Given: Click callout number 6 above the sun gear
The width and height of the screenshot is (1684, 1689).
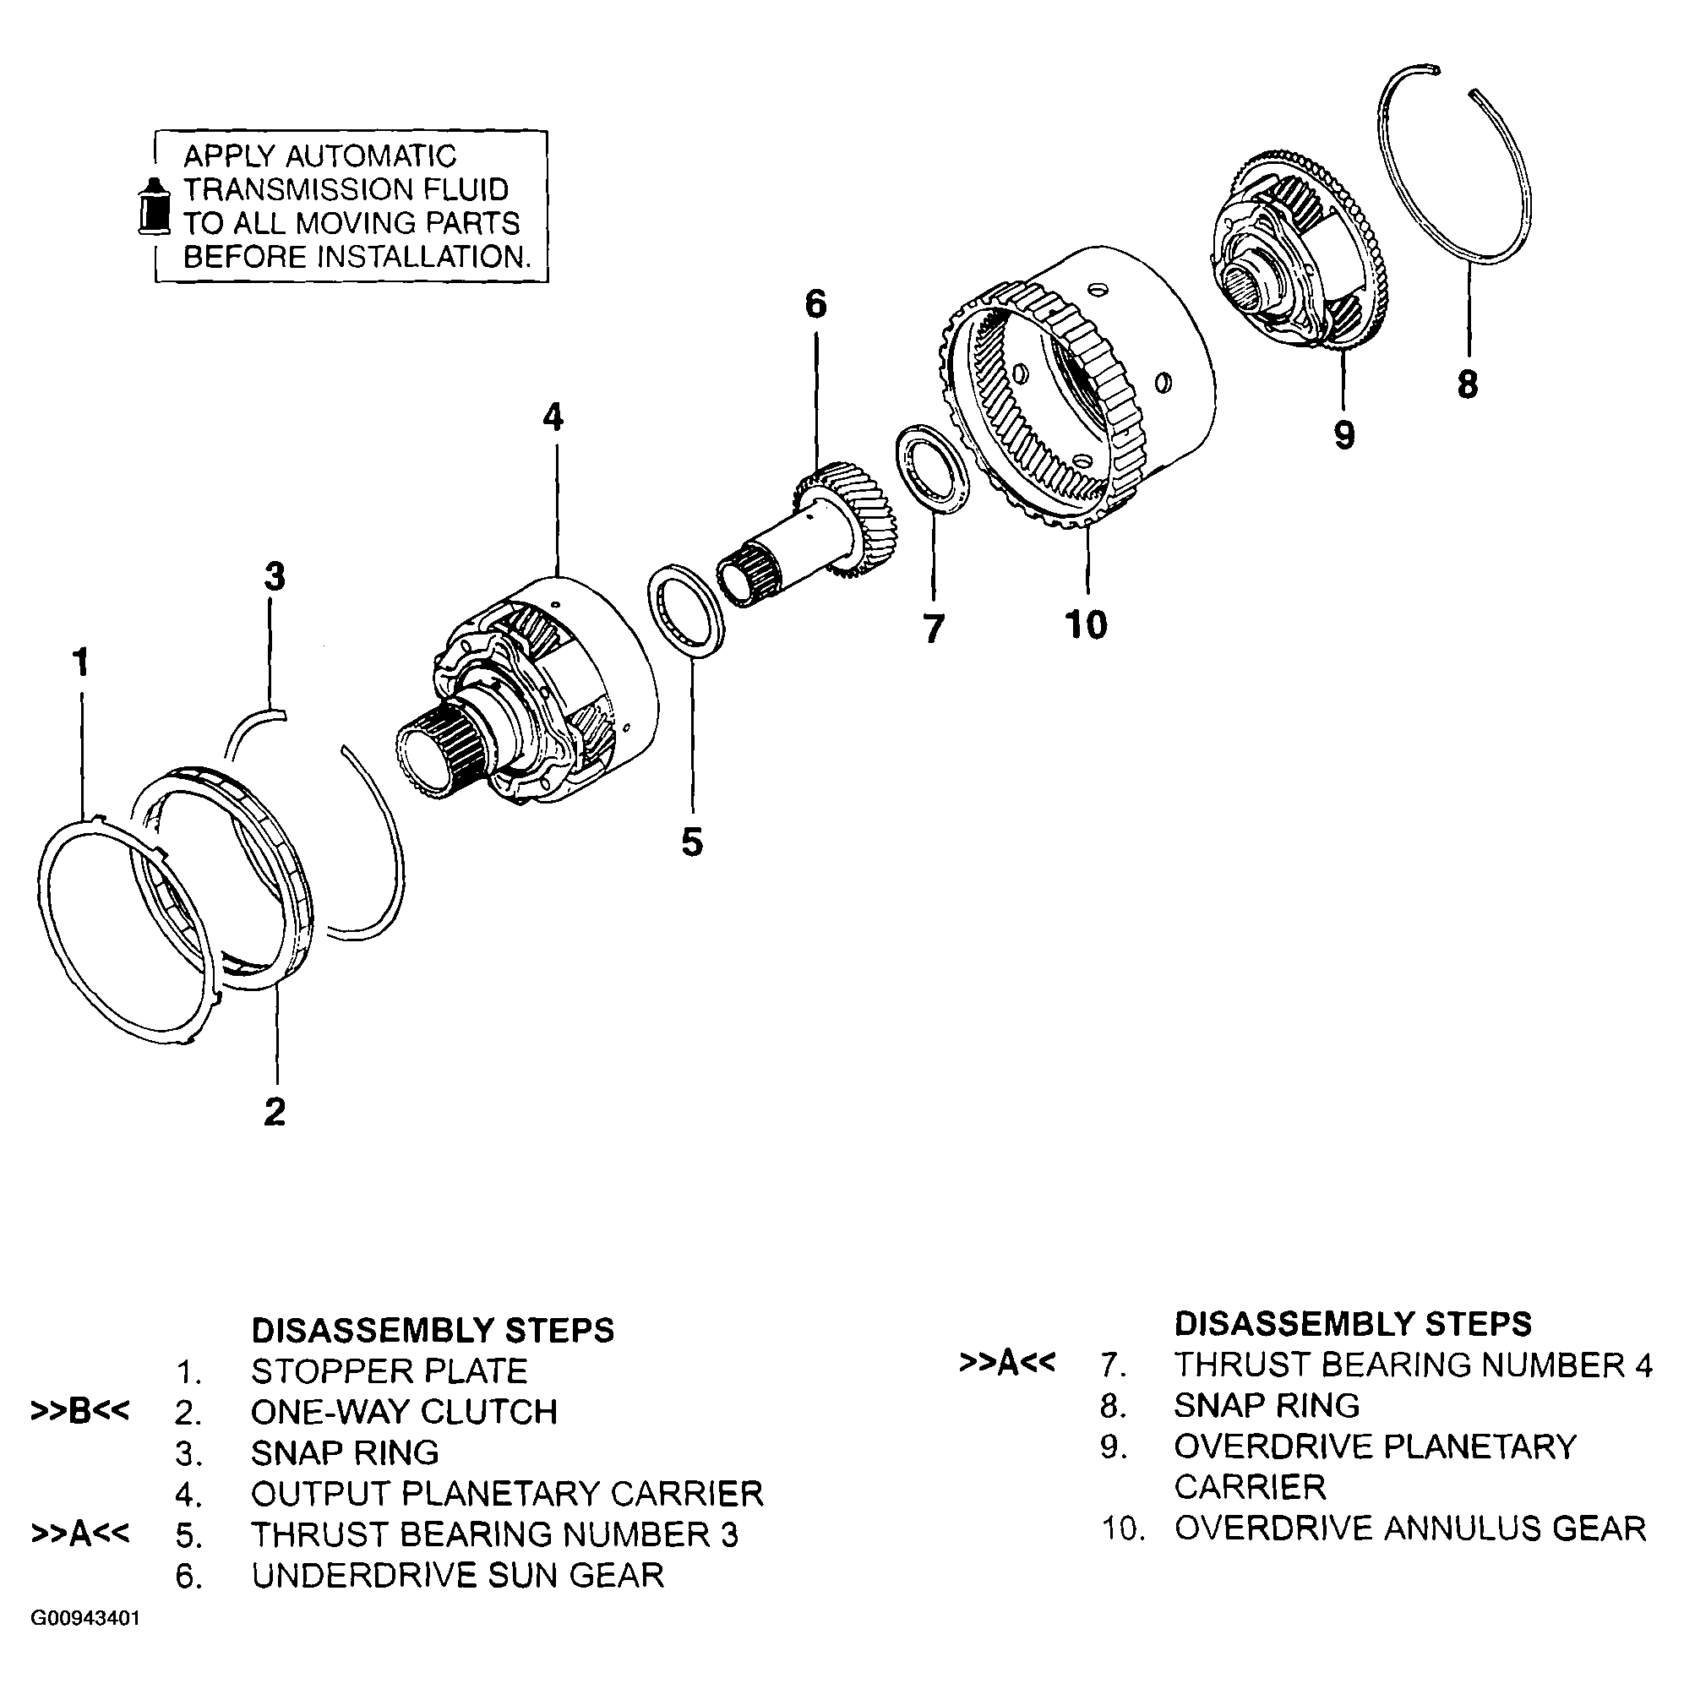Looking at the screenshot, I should pyautogui.click(x=814, y=304).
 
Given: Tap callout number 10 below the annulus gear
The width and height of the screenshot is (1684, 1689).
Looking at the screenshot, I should pyautogui.click(x=1086, y=625).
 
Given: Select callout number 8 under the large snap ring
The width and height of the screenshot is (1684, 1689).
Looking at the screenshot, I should pyautogui.click(x=1467, y=384).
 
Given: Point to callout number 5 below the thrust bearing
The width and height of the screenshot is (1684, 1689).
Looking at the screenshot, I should pyautogui.click(x=692, y=842).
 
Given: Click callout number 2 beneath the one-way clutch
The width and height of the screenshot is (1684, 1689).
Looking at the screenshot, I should pyautogui.click(x=275, y=1112).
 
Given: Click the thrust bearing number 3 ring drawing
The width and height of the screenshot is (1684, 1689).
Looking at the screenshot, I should pyautogui.click(x=688, y=609).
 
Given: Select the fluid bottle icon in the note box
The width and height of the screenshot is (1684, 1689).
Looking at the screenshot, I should pyautogui.click(x=154, y=206).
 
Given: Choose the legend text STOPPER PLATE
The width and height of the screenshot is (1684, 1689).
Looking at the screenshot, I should pyautogui.click(x=389, y=1370).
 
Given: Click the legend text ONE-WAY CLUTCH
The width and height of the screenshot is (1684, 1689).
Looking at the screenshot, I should pyautogui.click(x=404, y=1412).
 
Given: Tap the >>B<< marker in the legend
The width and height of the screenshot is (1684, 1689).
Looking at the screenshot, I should pyautogui.click(x=80, y=1412).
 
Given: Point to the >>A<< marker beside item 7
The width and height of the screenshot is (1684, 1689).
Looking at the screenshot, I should pyautogui.click(x=1006, y=1363).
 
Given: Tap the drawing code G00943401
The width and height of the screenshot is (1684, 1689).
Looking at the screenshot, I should pyautogui.click(x=85, y=1618).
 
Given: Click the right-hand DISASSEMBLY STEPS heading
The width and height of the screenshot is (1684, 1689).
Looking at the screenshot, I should pyautogui.click(x=1353, y=1324).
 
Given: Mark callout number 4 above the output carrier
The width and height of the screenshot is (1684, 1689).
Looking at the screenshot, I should pyautogui.click(x=553, y=418).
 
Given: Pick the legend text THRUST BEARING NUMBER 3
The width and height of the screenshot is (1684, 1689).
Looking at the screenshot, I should pyautogui.click(x=495, y=1534).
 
